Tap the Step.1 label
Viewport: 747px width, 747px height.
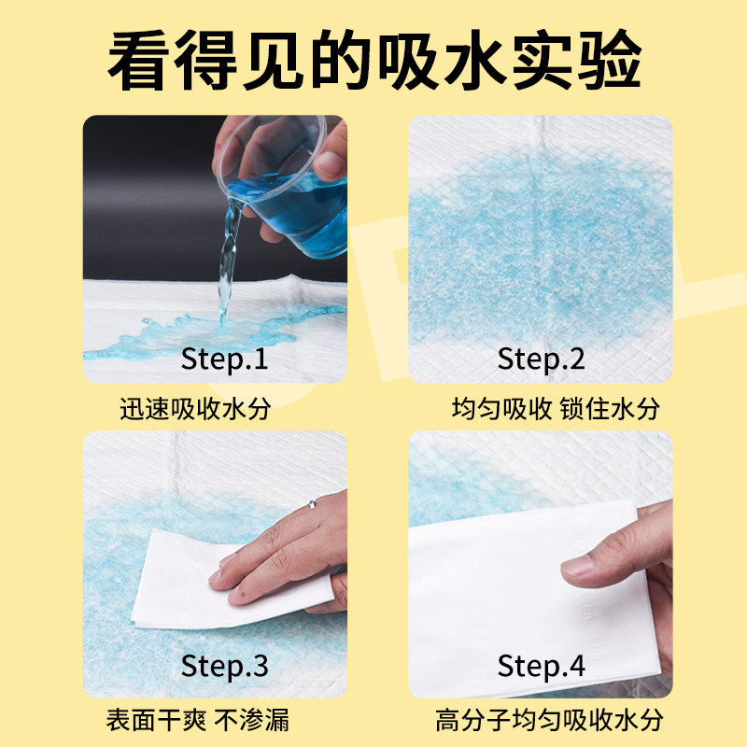coord(224,359)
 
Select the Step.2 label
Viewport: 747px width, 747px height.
coord(541,359)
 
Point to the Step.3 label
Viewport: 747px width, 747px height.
coord(224,666)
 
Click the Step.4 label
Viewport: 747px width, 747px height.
coord(541,666)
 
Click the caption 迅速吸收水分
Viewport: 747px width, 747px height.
coord(200,410)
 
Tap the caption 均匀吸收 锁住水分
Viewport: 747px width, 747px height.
coord(555,410)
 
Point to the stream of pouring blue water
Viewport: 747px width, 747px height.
coord(227,266)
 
